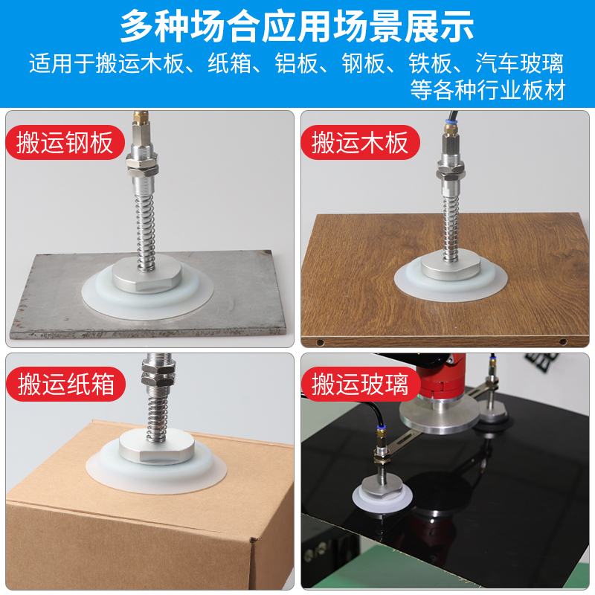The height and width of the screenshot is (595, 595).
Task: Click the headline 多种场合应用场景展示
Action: coord(297,26)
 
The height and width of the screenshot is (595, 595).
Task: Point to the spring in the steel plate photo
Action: coord(146,219)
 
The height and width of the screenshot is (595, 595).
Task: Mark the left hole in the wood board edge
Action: coord(319,342)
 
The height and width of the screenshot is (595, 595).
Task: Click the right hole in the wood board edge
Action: coord(562,342)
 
